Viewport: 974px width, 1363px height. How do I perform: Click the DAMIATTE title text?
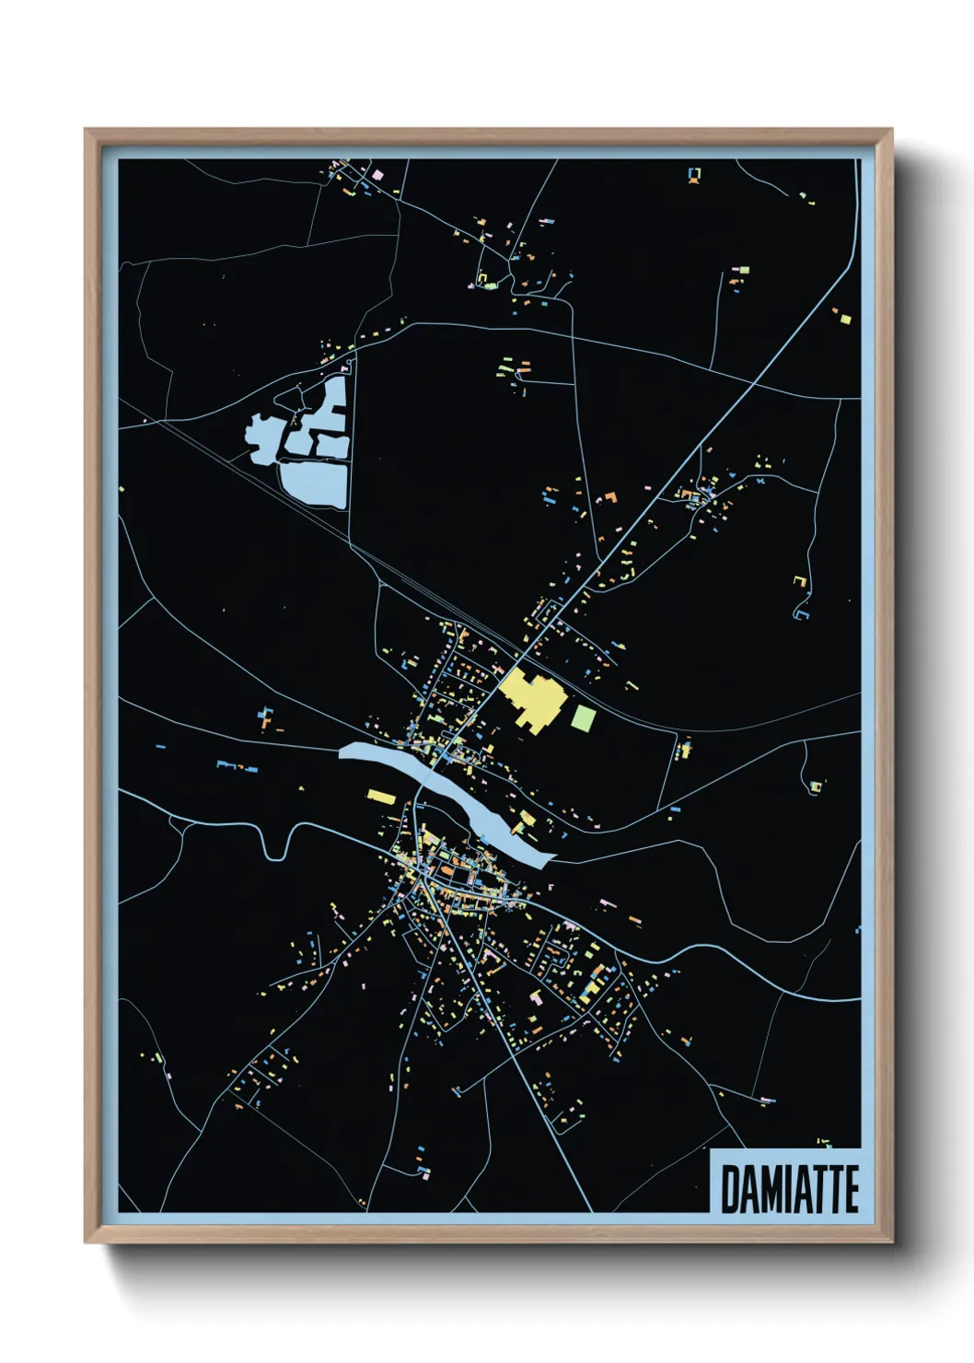[x=789, y=1189]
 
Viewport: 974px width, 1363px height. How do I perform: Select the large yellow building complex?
[x=530, y=700]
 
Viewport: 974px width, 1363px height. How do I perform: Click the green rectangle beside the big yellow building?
[x=583, y=717]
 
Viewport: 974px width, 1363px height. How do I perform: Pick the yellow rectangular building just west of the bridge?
[x=380, y=796]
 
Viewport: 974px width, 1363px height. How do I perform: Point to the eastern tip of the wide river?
[x=551, y=860]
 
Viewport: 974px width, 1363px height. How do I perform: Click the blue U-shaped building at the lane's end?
[x=802, y=612]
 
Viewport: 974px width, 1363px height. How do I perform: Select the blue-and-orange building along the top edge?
[x=694, y=174]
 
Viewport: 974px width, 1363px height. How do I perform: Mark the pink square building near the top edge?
[x=377, y=174]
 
